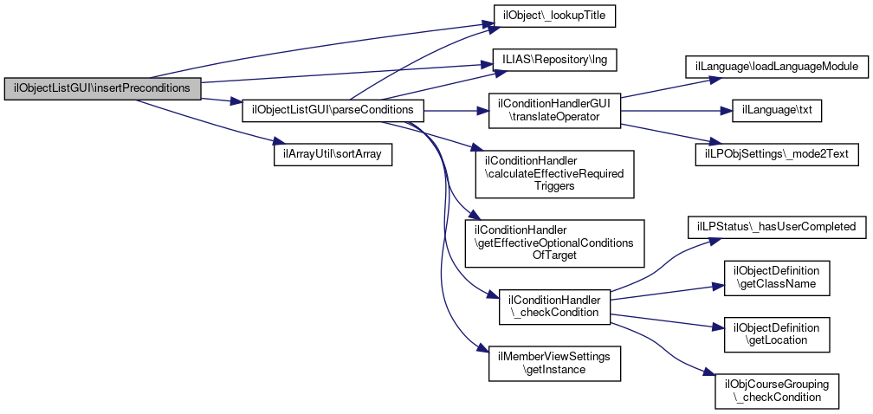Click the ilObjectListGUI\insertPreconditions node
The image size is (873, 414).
[103, 88]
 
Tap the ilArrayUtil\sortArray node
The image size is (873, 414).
[333, 153]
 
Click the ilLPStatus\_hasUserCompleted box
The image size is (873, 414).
[776, 227]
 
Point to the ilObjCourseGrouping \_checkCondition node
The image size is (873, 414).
[776, 391]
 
